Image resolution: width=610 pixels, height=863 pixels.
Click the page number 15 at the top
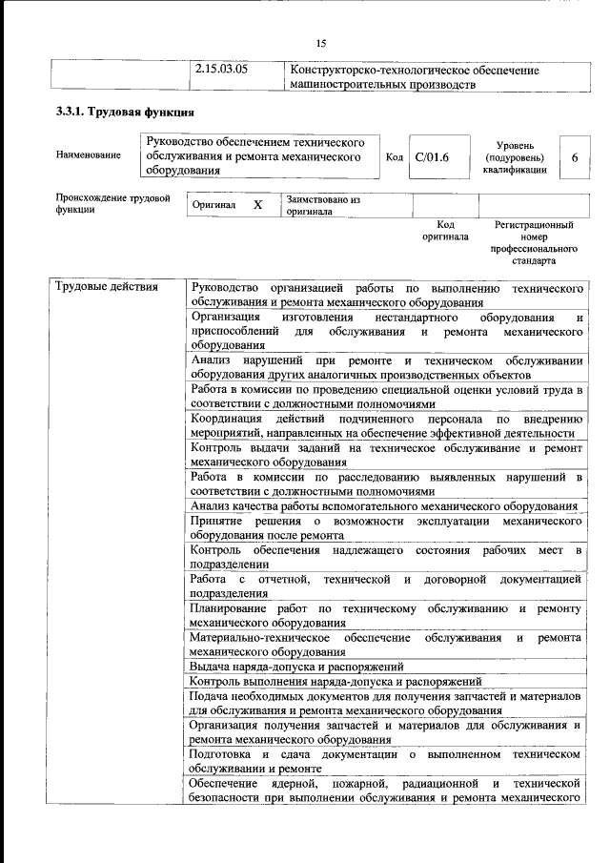(x=320, y=43)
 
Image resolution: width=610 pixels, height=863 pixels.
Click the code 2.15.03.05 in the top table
(x=221, y=70)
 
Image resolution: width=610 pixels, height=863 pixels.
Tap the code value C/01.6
(x=432, y=156)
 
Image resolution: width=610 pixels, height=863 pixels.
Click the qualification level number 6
(x=574, y=156)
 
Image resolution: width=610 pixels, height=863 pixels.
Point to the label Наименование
(x=89, y=156)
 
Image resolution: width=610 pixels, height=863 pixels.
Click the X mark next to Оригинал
(x=257, y=205)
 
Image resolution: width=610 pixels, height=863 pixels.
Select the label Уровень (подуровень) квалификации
(x=515, y=156)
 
